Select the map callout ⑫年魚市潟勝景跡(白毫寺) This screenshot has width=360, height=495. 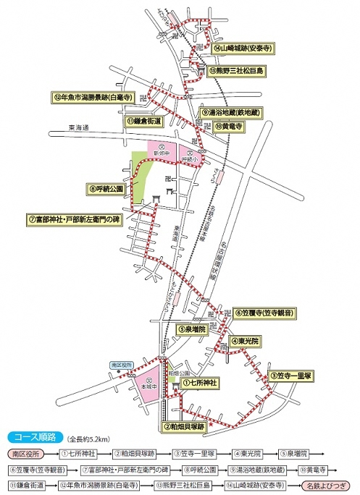click(93, 96)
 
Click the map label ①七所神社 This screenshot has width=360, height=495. click(200, 381)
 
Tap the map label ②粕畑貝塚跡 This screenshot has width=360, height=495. click(185, 427)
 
